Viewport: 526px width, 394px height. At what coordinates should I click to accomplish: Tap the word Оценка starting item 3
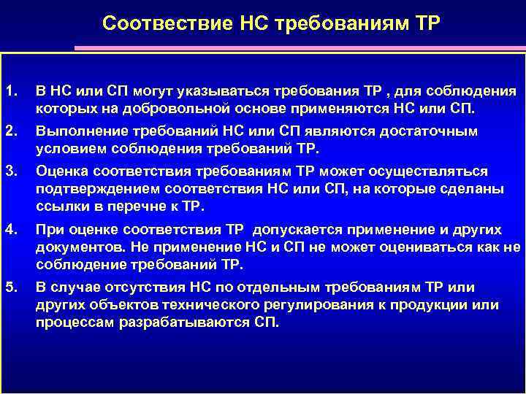coord(61,171)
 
